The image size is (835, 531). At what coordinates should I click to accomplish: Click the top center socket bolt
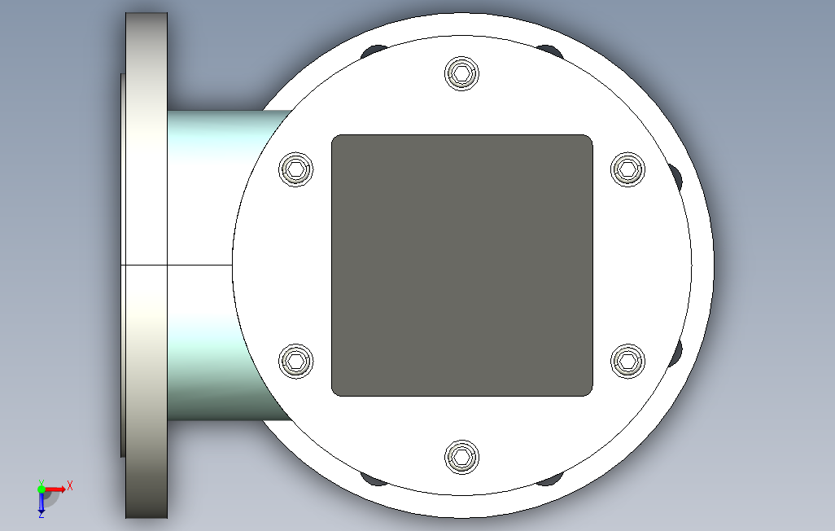pos(461,73)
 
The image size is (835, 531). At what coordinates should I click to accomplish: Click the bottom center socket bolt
pos(461,457)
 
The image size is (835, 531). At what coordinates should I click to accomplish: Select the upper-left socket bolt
pos(296,169)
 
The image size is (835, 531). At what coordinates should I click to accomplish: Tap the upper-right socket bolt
pos(627,169)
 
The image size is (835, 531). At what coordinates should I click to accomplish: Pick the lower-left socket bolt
pos(296,361)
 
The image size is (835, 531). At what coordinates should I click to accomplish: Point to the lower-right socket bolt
pos(627,361)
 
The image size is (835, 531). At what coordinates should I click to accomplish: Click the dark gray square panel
pos(462,265)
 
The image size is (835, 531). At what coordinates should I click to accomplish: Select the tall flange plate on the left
pos(146,265)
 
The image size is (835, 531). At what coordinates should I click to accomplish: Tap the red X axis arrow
pos(55,489)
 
